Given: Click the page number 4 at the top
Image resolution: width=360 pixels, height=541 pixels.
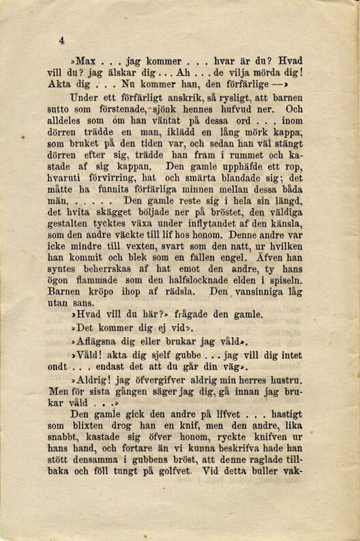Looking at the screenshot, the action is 61,40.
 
